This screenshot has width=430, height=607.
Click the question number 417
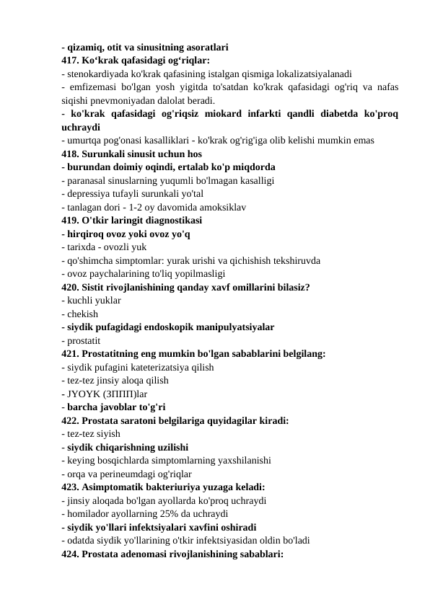(x=71, y=61)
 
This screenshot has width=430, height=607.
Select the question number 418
(x=71, y=154)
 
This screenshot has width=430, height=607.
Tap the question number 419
(x=71, y=221)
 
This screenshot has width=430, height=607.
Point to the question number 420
(x=71, y=287)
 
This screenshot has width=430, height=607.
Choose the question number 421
(x=71, y=354)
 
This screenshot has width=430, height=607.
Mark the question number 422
(x=71, y=420)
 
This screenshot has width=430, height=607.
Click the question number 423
(x=71, y=487)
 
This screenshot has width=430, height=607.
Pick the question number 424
(x=71, y=554)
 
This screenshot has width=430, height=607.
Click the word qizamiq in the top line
(x=86, y=48)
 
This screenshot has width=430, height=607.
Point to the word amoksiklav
(x=222, y=207)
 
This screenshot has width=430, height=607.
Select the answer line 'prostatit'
(x=83, y=340)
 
